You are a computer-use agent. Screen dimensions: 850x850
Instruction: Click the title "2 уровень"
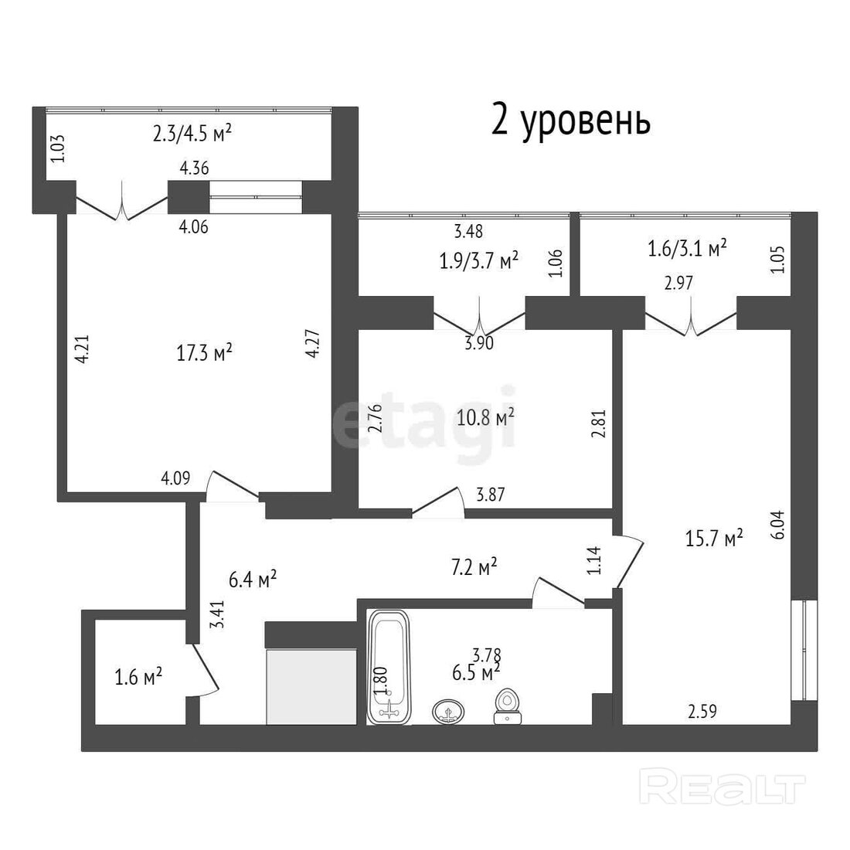[x=570, y=121]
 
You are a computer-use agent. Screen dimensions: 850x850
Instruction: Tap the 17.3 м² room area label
[x=204, y=353]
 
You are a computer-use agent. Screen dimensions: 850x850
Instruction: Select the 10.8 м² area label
[x=485, y=418]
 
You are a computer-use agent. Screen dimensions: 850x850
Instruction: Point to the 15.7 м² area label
[x=714, y=539]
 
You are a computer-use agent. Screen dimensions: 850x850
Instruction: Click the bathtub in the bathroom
[x=389, y=668]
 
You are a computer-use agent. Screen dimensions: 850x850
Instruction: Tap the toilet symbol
[x=508, y=706]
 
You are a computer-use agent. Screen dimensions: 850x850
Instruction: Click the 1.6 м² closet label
[x=138, y=677]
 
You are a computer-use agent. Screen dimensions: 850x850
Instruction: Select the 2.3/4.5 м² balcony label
[x=192, y=133]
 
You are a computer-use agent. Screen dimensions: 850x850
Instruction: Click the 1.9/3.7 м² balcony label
[x=478, y=260]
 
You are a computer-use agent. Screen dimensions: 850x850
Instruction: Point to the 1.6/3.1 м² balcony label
[x=688, y=249]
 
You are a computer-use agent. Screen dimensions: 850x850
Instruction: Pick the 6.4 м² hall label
[x=253, y=579]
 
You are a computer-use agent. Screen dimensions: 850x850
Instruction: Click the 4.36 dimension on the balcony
[x=194, y=168]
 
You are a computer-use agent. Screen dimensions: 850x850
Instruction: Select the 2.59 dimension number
[x=702, y=711]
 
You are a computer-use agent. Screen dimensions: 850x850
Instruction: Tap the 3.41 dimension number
[x=217, y=614]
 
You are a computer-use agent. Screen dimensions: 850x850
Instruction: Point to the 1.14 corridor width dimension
[x=594, y=560]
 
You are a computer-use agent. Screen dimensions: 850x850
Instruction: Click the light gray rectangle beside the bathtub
[x=311, y=687]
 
